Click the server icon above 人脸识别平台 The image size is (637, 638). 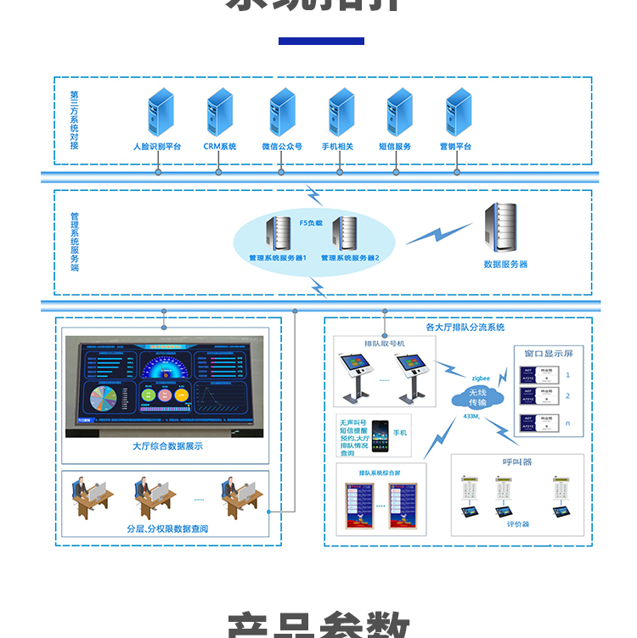tap(160, 112)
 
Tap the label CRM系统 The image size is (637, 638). tap(219, 147)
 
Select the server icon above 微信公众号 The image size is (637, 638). tap(282, 112)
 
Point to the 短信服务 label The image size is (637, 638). tap(395, 147)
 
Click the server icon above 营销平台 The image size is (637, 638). tap(459, 112)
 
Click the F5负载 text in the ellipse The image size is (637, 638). tap(311, 222)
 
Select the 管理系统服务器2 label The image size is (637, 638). tap(350, 257)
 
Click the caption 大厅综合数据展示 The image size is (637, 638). tap(167, 446)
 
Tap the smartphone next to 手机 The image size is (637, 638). tap(379, 434)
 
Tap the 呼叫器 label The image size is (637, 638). tap(516, 462)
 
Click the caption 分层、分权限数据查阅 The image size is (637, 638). tap(167, 529)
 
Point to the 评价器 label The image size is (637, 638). tap(518, 524)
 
